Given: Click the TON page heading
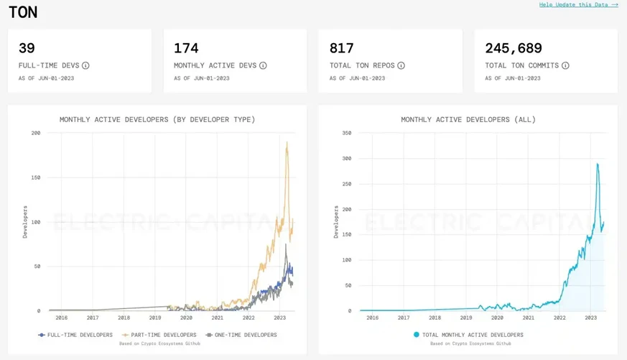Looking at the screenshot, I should click(x=22, y=12).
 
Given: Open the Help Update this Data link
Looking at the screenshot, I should click(x=578, y=5).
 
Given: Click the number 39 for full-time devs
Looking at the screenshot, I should click(x=27, y=48).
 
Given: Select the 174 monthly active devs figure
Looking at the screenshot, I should click(x=186, y=48).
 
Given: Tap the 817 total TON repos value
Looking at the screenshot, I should click(x=342, y=48).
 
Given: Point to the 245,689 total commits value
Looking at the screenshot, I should click(x=514, y=48).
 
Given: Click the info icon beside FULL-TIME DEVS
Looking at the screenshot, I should click(x=85, y=65).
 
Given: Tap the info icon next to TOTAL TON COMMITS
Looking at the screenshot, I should click(x=565, y=65).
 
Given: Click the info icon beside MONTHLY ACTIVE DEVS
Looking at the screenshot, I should click(x=263, y=65).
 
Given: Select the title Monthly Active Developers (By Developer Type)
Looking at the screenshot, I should click(x=157, y=119).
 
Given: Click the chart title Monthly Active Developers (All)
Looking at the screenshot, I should click(x=468, y=119).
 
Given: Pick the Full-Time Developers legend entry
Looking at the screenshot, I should click(x=75, y=335).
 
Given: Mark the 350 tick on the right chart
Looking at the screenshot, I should click(x=347, y=133).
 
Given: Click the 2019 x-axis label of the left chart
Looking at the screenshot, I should click(x=155, y=318).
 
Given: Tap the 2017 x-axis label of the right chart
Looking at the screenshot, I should click(x=404, y=318).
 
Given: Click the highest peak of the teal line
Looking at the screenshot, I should click(x=597, y=164).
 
